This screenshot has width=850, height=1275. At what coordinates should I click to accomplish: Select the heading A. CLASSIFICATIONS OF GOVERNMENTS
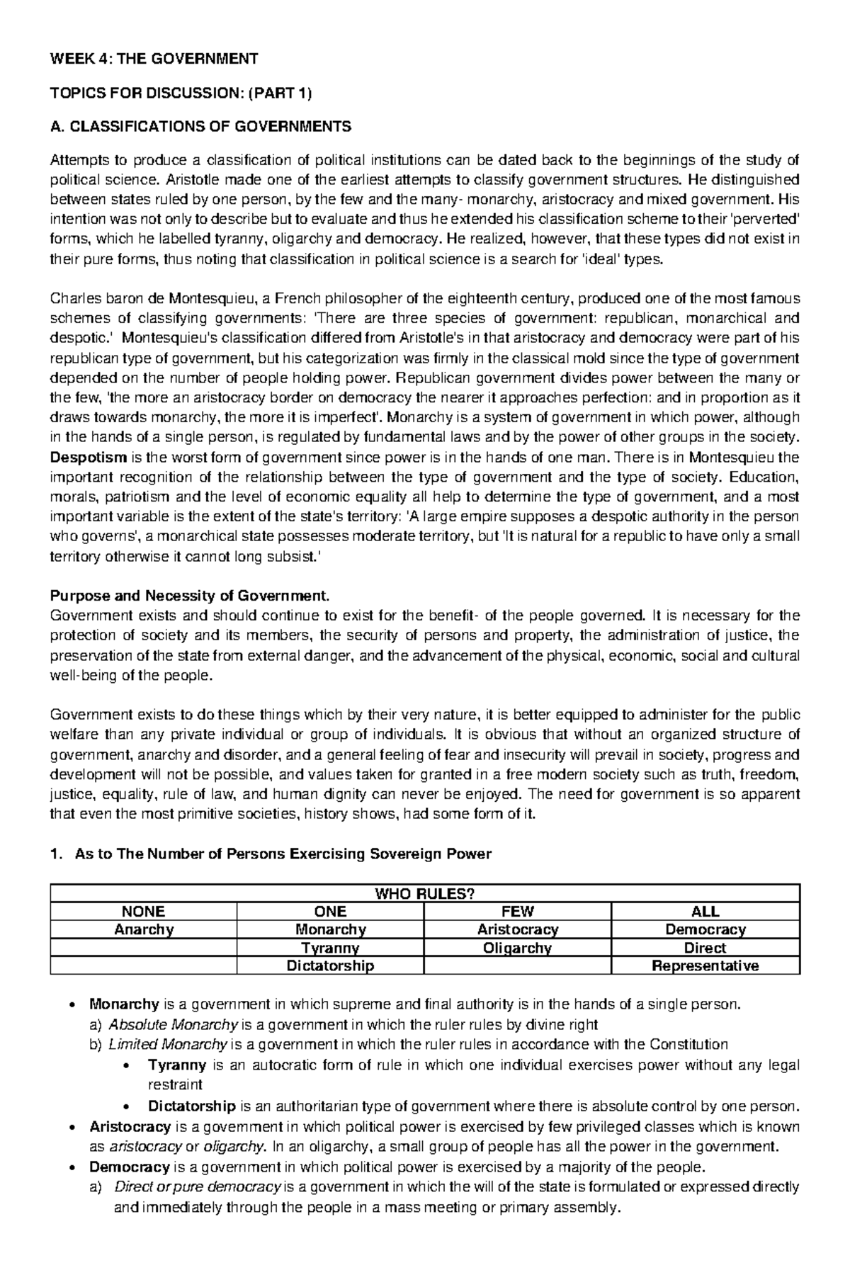[x=200, y=127]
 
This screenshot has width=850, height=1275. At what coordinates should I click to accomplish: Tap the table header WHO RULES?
[x=425, y=893]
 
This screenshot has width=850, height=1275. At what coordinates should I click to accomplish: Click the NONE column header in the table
[x=143, y=912]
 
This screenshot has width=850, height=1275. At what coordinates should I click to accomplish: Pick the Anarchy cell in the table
[x=143, y=929]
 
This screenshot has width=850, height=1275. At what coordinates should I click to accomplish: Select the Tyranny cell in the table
[x=330, y=948]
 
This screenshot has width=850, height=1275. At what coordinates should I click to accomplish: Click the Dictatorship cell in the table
[x=330, y=965]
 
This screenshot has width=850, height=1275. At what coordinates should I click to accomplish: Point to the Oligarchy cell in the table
[x=518, y=948]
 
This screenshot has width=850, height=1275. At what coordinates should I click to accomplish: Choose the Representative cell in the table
[x=705, y=965]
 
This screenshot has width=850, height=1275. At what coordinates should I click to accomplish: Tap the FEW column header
[x=518, y=912]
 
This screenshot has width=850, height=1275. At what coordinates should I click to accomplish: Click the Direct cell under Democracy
[x=705, y=948]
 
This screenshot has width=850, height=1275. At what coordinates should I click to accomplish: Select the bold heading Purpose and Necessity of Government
[x=190, y=595]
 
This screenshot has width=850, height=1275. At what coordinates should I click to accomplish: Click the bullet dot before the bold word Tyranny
[x=127, y=1065]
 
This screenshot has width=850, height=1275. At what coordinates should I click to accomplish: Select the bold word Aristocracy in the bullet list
[x=130, y=1126]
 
